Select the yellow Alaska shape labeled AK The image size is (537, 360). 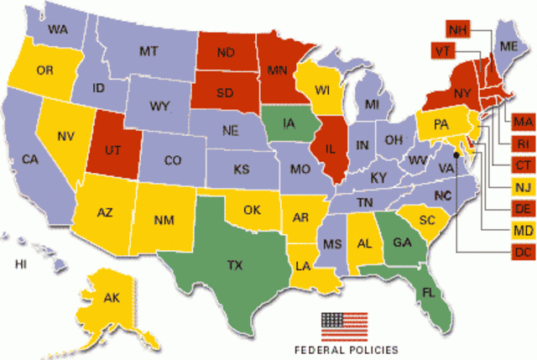(x=112, y=298)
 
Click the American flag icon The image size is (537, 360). (x=345, y=324)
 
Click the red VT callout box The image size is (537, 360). (x=442, y=50)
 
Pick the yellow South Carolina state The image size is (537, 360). (x=429, y=221)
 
